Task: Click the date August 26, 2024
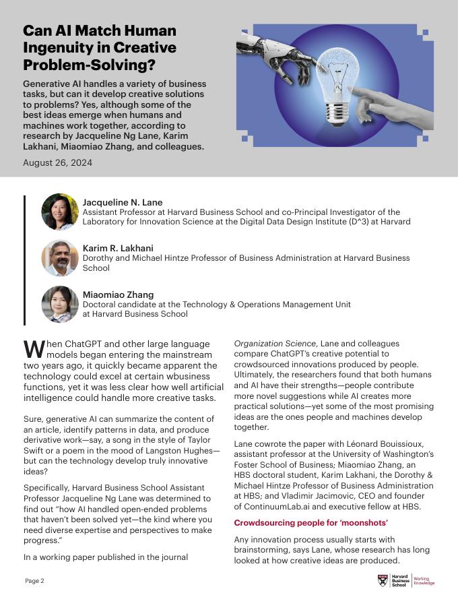click(58, 162)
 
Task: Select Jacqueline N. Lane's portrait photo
click(60, 212)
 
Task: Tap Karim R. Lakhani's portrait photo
click(60, 258)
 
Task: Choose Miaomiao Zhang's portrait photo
click(60, 304)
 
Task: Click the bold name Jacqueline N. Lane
click(123, 202)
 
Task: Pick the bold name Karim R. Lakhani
click(119, 248)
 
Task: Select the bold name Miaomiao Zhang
click(118, 294)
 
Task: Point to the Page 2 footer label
click(35, 580)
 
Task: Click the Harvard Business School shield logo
click(383, 580)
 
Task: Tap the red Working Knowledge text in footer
click(424, 581)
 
